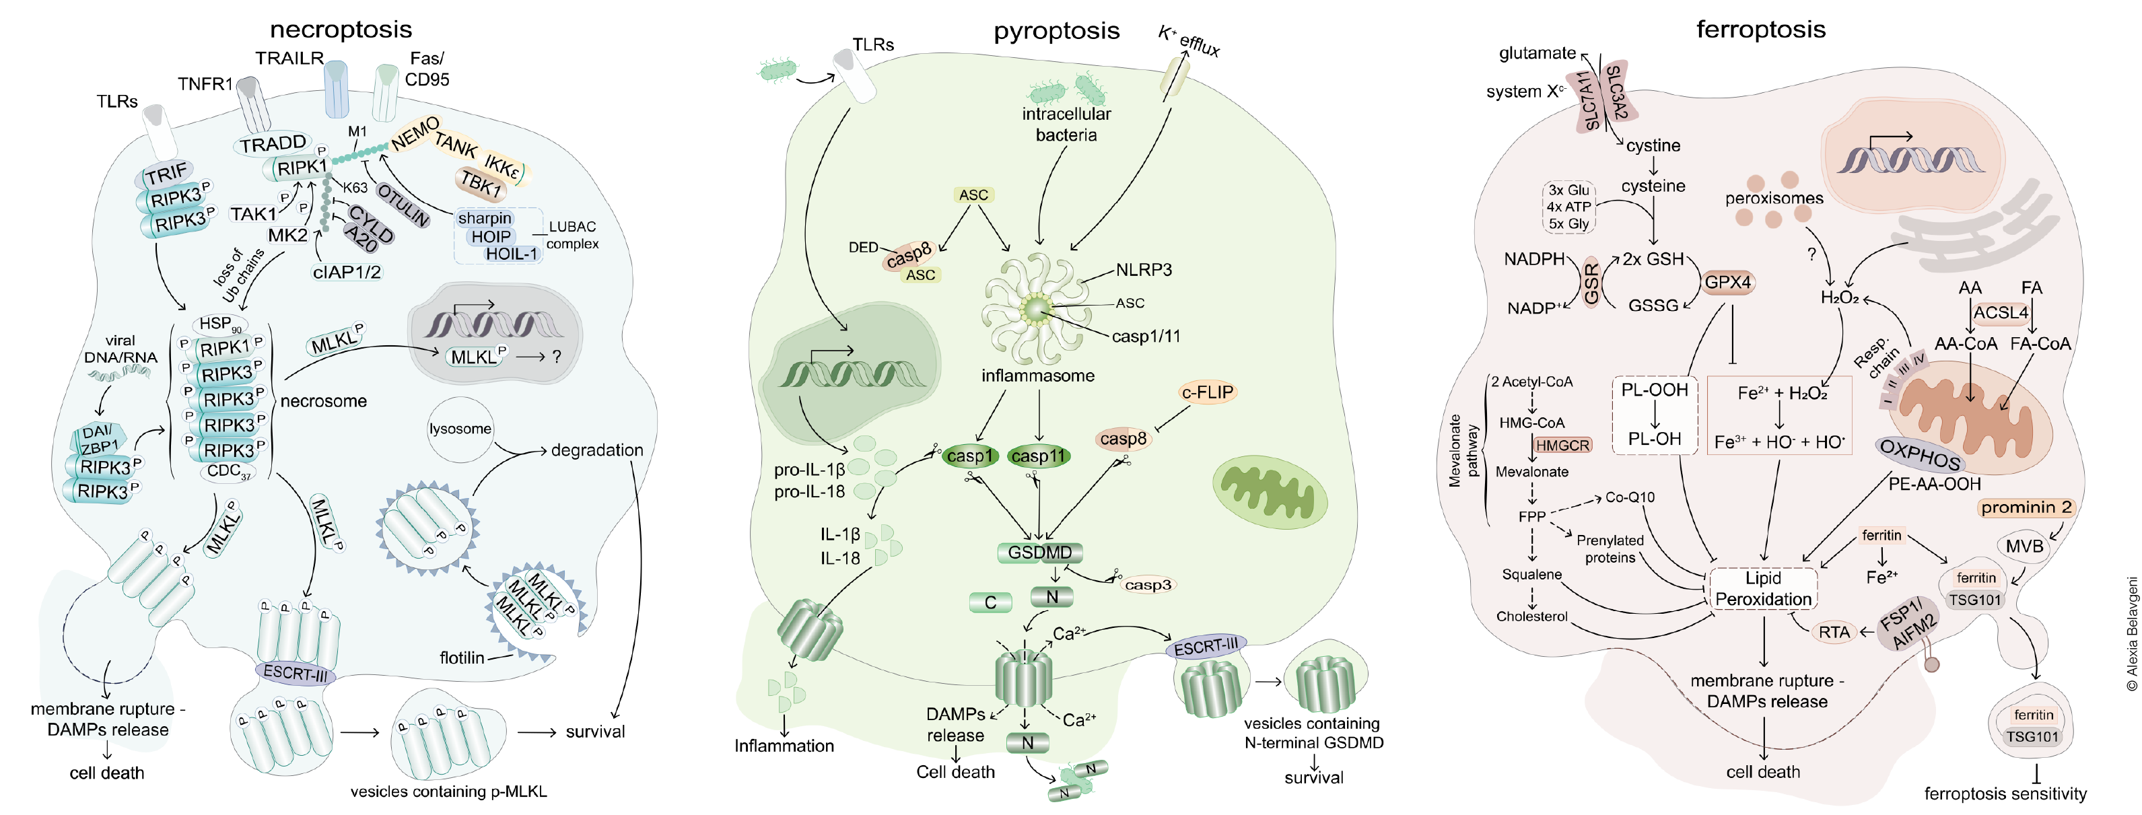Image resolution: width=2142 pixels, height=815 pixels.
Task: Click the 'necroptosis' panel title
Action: [x=341, y=30]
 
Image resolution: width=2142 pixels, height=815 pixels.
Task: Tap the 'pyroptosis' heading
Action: [x=1056, y=32]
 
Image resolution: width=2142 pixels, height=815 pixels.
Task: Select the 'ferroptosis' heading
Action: [x=1760, y=30]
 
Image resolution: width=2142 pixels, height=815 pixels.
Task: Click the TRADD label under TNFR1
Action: [x=273, y=145]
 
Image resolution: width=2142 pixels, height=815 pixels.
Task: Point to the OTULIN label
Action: [x=403, y=205]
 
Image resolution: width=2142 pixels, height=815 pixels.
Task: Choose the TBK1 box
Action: [x=481, y=182]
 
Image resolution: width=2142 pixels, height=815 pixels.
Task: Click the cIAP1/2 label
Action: [x=347, y=272]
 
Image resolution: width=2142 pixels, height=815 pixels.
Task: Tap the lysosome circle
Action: [x=460, y=429]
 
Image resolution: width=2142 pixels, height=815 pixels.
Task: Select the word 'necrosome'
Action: [x=324, y=401]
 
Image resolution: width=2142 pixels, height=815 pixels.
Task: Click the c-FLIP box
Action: [x=1208, y=392]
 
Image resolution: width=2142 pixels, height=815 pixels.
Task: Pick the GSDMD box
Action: [x=1039, y=553]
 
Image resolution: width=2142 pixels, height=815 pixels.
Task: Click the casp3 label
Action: [x=1148, y=585]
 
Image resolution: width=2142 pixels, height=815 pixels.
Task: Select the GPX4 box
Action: [x=1727, y=282]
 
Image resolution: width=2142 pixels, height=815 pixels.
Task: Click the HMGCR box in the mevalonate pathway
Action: [x=1562, y=446]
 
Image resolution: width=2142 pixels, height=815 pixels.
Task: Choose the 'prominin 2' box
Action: [x=2026, y=507]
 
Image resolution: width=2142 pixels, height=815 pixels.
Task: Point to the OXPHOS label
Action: [x=1920, y=454]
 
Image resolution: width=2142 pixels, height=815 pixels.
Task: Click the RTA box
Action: [x=1834, y=632]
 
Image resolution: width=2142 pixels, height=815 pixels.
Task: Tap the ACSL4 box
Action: [x=2001, y=313]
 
